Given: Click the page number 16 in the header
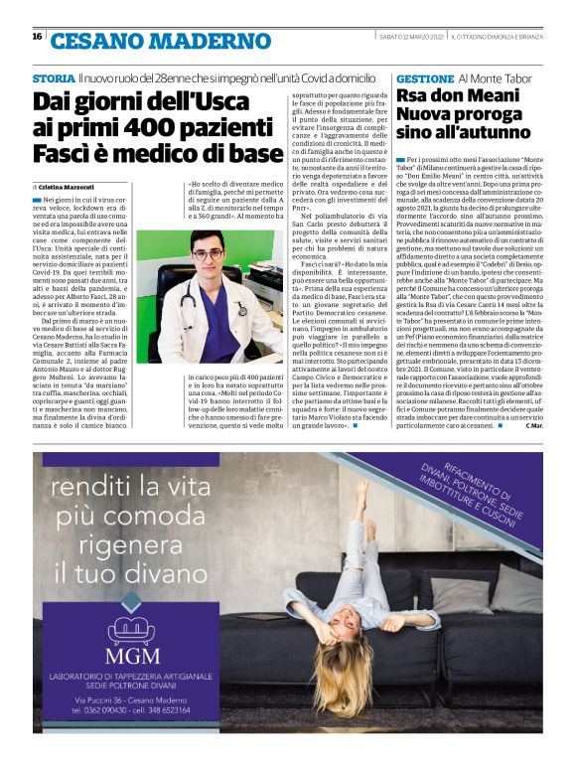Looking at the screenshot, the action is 37,37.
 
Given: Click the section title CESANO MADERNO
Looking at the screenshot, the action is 160,41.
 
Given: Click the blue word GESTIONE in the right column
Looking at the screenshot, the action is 424,77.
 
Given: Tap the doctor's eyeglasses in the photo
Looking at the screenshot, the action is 209,254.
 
